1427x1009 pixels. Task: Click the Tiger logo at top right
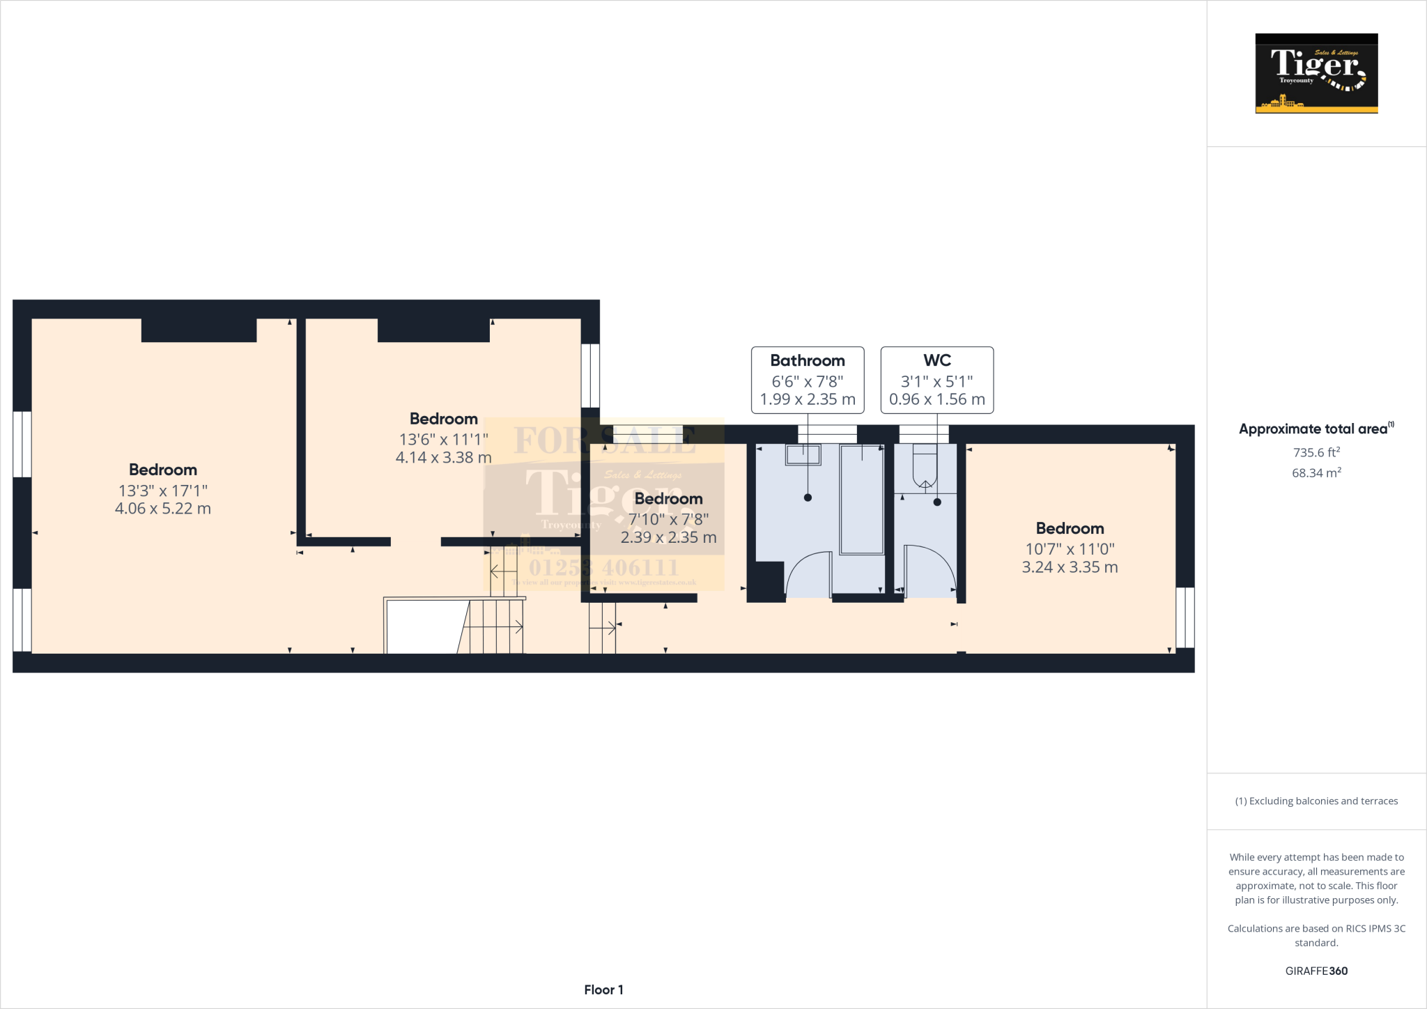click(1316, 73)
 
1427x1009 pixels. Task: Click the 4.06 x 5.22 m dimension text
click(162, 509)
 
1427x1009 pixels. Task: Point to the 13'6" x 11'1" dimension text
click(443, 440)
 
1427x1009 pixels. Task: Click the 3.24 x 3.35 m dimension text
click(1070, 567)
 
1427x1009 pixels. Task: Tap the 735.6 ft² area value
click(1316, 452)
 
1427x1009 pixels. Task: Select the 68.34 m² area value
click(1316, 473)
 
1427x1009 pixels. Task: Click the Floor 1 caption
click(603, 989)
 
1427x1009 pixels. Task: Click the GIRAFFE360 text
click(1316, 971)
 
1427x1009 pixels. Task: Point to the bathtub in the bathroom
click(862, 500)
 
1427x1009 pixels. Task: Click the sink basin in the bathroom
click(803, 455)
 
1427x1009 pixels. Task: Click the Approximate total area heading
click(1313, 429)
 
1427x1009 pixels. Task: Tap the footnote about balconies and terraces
click(1316, 801)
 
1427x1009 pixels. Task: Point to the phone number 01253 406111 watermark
click(603, 567)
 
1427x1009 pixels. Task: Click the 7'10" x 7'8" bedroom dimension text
click(668, 519)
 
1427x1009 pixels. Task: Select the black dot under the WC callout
click(937, 502)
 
